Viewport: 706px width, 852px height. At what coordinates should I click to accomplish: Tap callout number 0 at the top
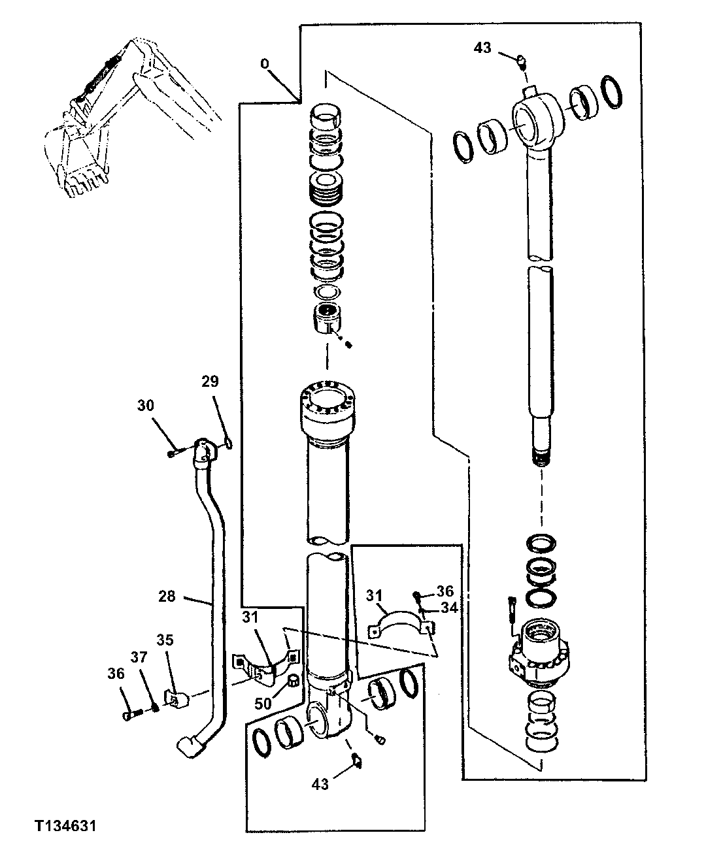tap(265, 64)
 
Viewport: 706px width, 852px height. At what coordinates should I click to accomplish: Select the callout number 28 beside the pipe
tap(167, 596)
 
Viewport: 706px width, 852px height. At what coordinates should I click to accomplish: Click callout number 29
tap(210, 381)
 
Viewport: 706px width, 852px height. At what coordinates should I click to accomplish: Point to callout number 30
tap(145, 406)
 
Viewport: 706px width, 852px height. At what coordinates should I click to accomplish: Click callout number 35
tap(165, 640)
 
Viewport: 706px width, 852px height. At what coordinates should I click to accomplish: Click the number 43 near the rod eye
tap(482, 48)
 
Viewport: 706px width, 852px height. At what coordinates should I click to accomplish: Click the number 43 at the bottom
tap(321, 783)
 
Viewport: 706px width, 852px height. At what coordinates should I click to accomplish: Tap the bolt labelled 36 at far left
tap(129, 715)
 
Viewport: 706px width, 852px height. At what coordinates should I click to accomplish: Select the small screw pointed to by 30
tap(171, 453)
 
